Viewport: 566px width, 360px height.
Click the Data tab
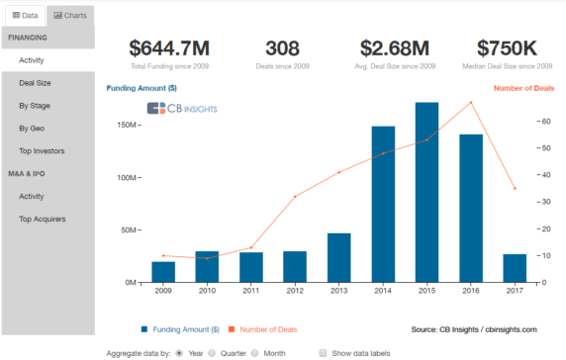24,17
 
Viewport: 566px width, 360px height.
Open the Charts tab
70,17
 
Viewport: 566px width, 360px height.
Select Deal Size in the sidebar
35,83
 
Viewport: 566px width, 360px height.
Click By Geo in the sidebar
31,129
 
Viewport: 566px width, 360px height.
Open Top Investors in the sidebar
42,151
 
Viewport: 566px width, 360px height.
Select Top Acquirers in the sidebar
42,219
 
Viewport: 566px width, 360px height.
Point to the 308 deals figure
283,48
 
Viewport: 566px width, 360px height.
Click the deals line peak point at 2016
471,102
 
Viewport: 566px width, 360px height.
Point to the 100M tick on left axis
126,178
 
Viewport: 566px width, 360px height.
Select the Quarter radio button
211,351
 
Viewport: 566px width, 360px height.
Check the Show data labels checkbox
323,351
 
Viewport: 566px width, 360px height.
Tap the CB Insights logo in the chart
182,108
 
